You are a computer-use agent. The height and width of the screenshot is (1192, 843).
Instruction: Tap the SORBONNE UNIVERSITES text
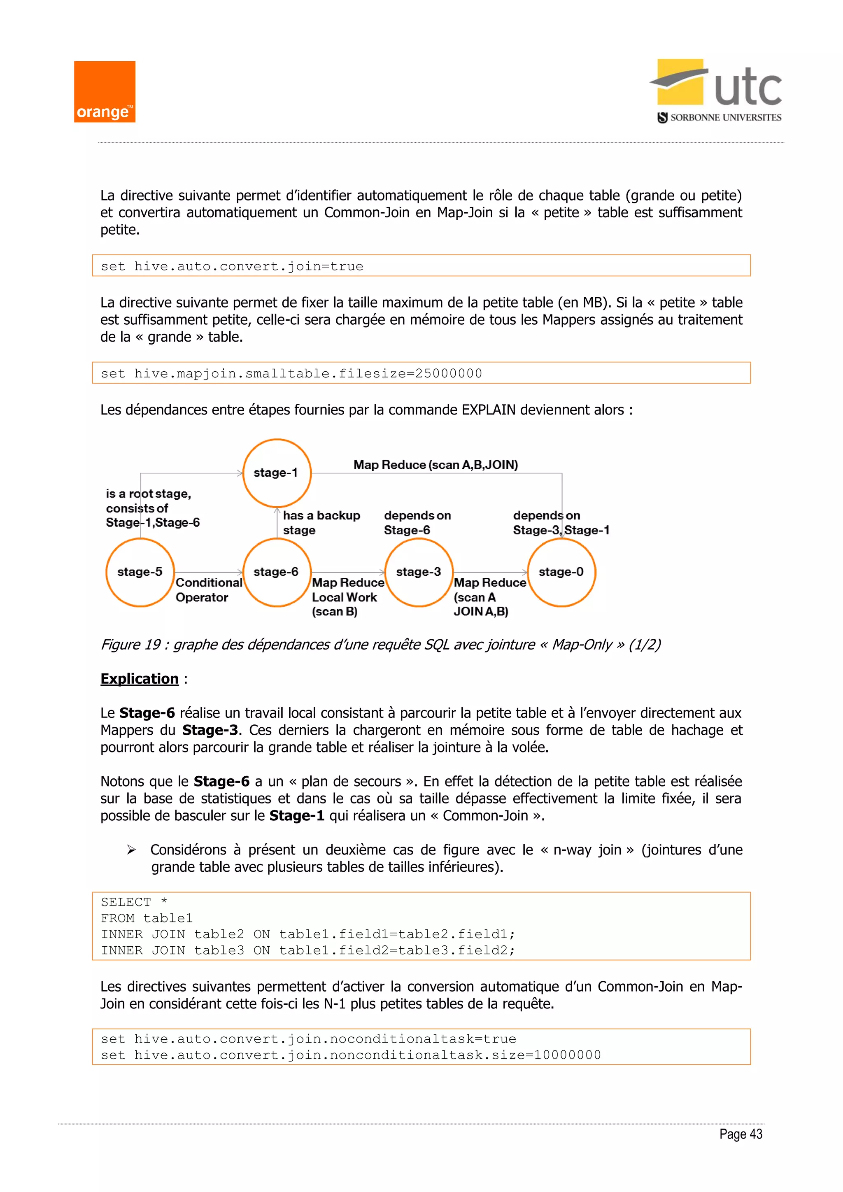click(x=725, y=118)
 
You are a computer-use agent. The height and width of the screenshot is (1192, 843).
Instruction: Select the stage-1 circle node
click(x=277, y=473)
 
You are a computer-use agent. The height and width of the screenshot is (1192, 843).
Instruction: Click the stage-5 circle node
click(x=140, y=572)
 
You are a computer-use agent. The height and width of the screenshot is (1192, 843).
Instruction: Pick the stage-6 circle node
click(x=277, y=572)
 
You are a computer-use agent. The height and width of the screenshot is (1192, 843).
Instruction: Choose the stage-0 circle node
click(x=561, y=572)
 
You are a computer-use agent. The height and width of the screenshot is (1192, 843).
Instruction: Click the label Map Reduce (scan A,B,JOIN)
click(x=435, y=465)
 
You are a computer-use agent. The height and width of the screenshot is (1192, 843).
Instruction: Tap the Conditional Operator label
click(x=209, y=590)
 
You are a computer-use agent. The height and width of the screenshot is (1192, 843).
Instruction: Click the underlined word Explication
click(x=139, y=679)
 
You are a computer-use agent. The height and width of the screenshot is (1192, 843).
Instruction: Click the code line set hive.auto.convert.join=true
click(x=232, y=266)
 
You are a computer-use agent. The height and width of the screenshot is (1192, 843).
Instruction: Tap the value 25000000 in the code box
click(x=449, y=373)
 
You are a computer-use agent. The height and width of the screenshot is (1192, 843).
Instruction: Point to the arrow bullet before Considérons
click(x=131, y=850)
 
